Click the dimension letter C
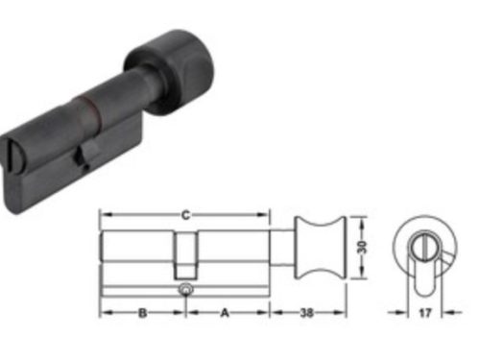click(185, 215)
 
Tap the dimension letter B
click(142, 312)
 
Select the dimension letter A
click(226, 312)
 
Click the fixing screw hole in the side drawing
click(184, 288)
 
